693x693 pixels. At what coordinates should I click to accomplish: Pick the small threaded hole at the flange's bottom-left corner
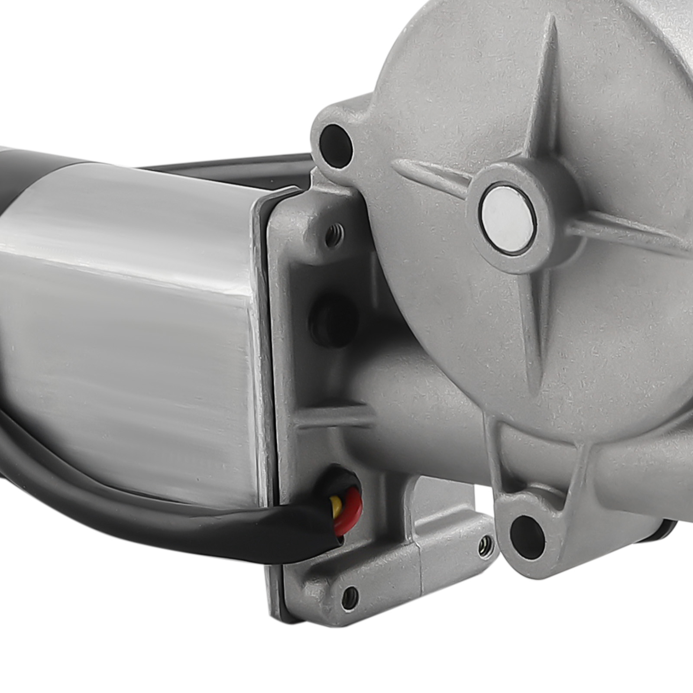click(x=350, y=594)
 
